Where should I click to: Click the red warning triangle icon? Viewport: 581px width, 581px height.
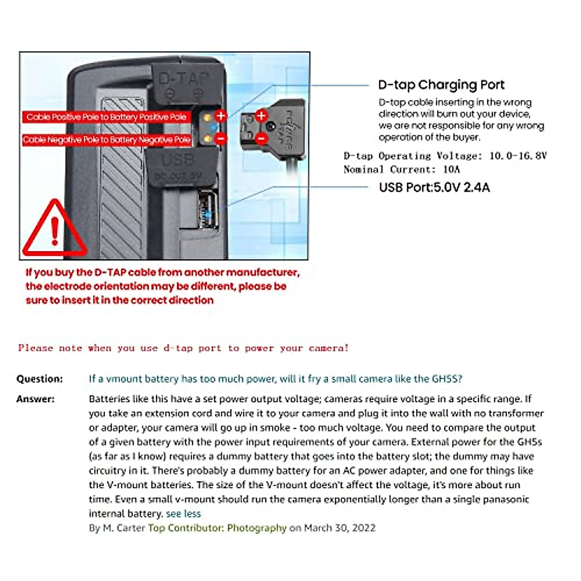(x=54, y=230)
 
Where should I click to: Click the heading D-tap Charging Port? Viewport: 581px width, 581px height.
(x=441, y=85)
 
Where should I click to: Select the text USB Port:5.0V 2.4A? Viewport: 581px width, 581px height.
(x=434, y=187)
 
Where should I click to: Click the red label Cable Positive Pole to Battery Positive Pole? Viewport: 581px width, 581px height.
(x=107, y=117)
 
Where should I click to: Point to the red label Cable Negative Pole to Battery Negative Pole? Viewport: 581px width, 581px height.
(x=107, y=139)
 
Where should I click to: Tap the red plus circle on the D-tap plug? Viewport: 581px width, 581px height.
(x=261, y=116)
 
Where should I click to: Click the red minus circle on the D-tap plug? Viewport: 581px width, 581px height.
(x=261, y=138)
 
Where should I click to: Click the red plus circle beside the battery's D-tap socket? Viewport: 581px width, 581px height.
(x=221, y=116)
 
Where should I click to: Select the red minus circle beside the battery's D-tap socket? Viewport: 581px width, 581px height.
(x=221, y=138)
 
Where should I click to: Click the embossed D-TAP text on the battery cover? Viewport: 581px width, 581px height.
(x=184, y=78)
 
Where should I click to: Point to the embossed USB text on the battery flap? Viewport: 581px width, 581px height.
(x=178, y=160)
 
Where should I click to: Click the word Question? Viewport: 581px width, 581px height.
(x=40, y=379)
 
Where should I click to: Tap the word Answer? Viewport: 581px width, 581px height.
(x=35, y=399)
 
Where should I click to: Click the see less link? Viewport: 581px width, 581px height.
(x=183, y=514)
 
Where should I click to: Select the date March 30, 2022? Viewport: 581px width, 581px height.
(x=339, y=528)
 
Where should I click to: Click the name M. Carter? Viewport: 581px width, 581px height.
(x=124, y=528)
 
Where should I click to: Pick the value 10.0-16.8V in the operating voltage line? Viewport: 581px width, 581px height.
(x=518, y=156)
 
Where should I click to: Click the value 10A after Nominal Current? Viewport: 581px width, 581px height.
(x=451, y=169)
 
